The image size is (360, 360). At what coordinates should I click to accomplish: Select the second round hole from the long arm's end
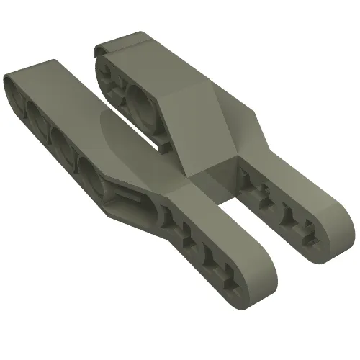(x=38, y=115)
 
